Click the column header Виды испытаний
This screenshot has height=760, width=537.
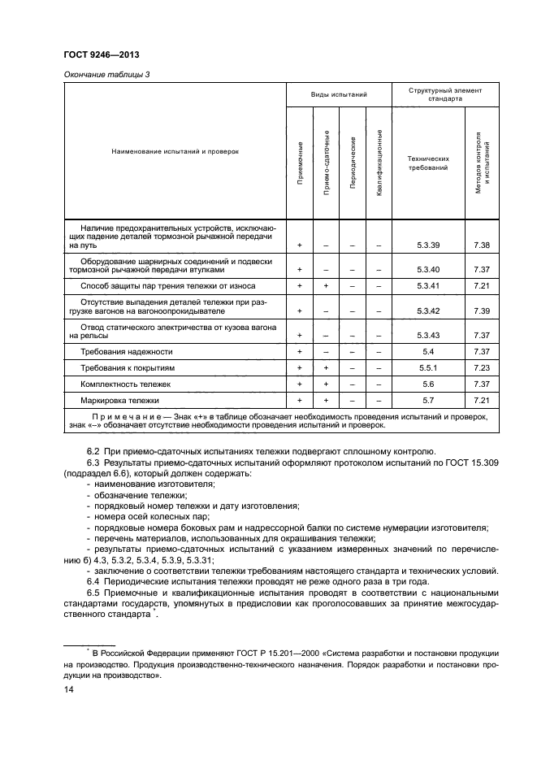[339, 95]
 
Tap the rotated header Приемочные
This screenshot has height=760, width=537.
[300, 163]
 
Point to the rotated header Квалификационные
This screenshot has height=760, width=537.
[379, 163]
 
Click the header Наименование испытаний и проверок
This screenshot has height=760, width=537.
[175, 151]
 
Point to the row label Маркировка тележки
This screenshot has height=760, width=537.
[119, 400]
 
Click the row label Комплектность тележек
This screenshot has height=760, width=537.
[125, 384]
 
